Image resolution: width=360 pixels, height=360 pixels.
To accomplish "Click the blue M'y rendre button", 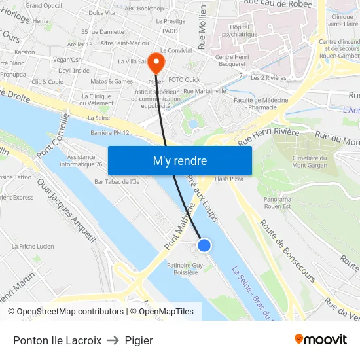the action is point(179,160).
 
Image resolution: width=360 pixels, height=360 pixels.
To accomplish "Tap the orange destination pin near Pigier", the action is point(156,63).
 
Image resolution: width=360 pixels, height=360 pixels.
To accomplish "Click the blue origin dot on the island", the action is point(204,245).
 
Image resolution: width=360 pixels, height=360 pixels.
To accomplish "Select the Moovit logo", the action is point(321,340).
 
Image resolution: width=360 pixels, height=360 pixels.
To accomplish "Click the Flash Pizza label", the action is point(229,179).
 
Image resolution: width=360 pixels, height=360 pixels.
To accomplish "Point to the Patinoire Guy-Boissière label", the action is point(186,268).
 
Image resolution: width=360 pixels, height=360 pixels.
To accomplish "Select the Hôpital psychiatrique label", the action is point(243,31).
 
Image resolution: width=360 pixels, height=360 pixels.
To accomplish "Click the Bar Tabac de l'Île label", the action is point(117,181).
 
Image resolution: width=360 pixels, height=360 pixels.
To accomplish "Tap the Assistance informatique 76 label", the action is point(85,160).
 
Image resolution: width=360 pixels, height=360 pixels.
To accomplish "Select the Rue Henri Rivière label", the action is point(268,137).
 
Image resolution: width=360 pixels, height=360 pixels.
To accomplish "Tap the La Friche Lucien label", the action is point(33,246).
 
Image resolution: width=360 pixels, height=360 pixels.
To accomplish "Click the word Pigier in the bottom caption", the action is point(139,340).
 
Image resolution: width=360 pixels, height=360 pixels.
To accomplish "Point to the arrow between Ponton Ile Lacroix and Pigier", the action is point(113,340).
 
